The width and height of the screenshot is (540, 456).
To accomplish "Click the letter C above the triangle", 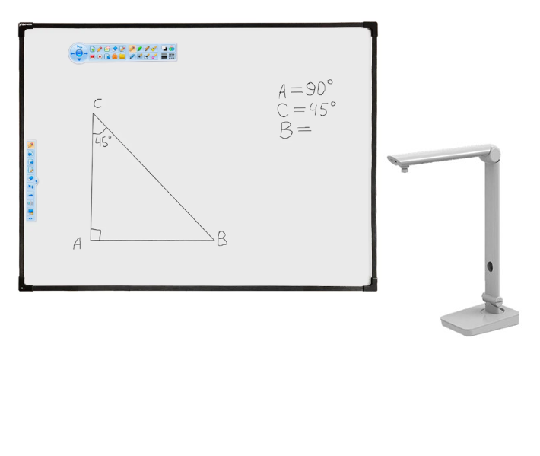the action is pos(97,104).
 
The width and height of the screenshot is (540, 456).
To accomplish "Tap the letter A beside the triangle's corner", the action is pos(78,244).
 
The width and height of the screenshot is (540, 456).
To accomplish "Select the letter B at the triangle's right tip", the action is pos(222,238).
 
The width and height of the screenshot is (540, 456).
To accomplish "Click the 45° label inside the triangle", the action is pos(103,142).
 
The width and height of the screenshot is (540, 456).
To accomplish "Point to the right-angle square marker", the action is pos(95,234).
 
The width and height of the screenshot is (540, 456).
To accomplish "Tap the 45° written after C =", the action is pos(322,109).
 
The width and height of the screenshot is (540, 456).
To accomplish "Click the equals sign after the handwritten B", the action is pos(304,129).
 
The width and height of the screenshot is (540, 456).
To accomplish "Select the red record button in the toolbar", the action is pos(100,56).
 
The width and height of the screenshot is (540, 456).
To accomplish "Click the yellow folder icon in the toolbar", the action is pos(122,56).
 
